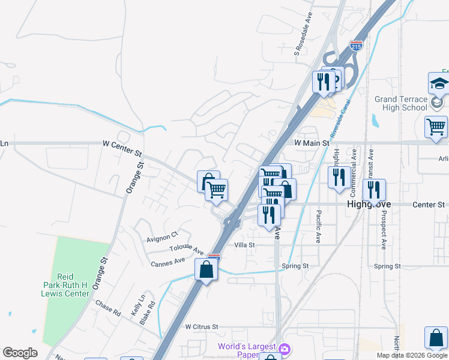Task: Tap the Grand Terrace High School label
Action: [x=400, y=103]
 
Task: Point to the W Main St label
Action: [x=312, y=143]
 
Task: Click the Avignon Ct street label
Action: [x=163, y=236]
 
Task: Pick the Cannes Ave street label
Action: [x=168, y=262]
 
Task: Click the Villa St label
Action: [x=244, y=245]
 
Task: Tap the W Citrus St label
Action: [x=202, y=327]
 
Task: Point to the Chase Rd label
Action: [x=108, y=308]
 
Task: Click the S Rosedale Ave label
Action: [x=304, y=37]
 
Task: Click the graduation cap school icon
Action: [x=439, y=85]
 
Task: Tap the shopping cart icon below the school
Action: [x=436, y=126]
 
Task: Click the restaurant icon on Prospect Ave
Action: [x=373, y=190]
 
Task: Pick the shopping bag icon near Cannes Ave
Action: [x=206, y=269]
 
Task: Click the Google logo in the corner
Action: [x=20, y=353]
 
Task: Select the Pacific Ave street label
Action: [x=319, y=221]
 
